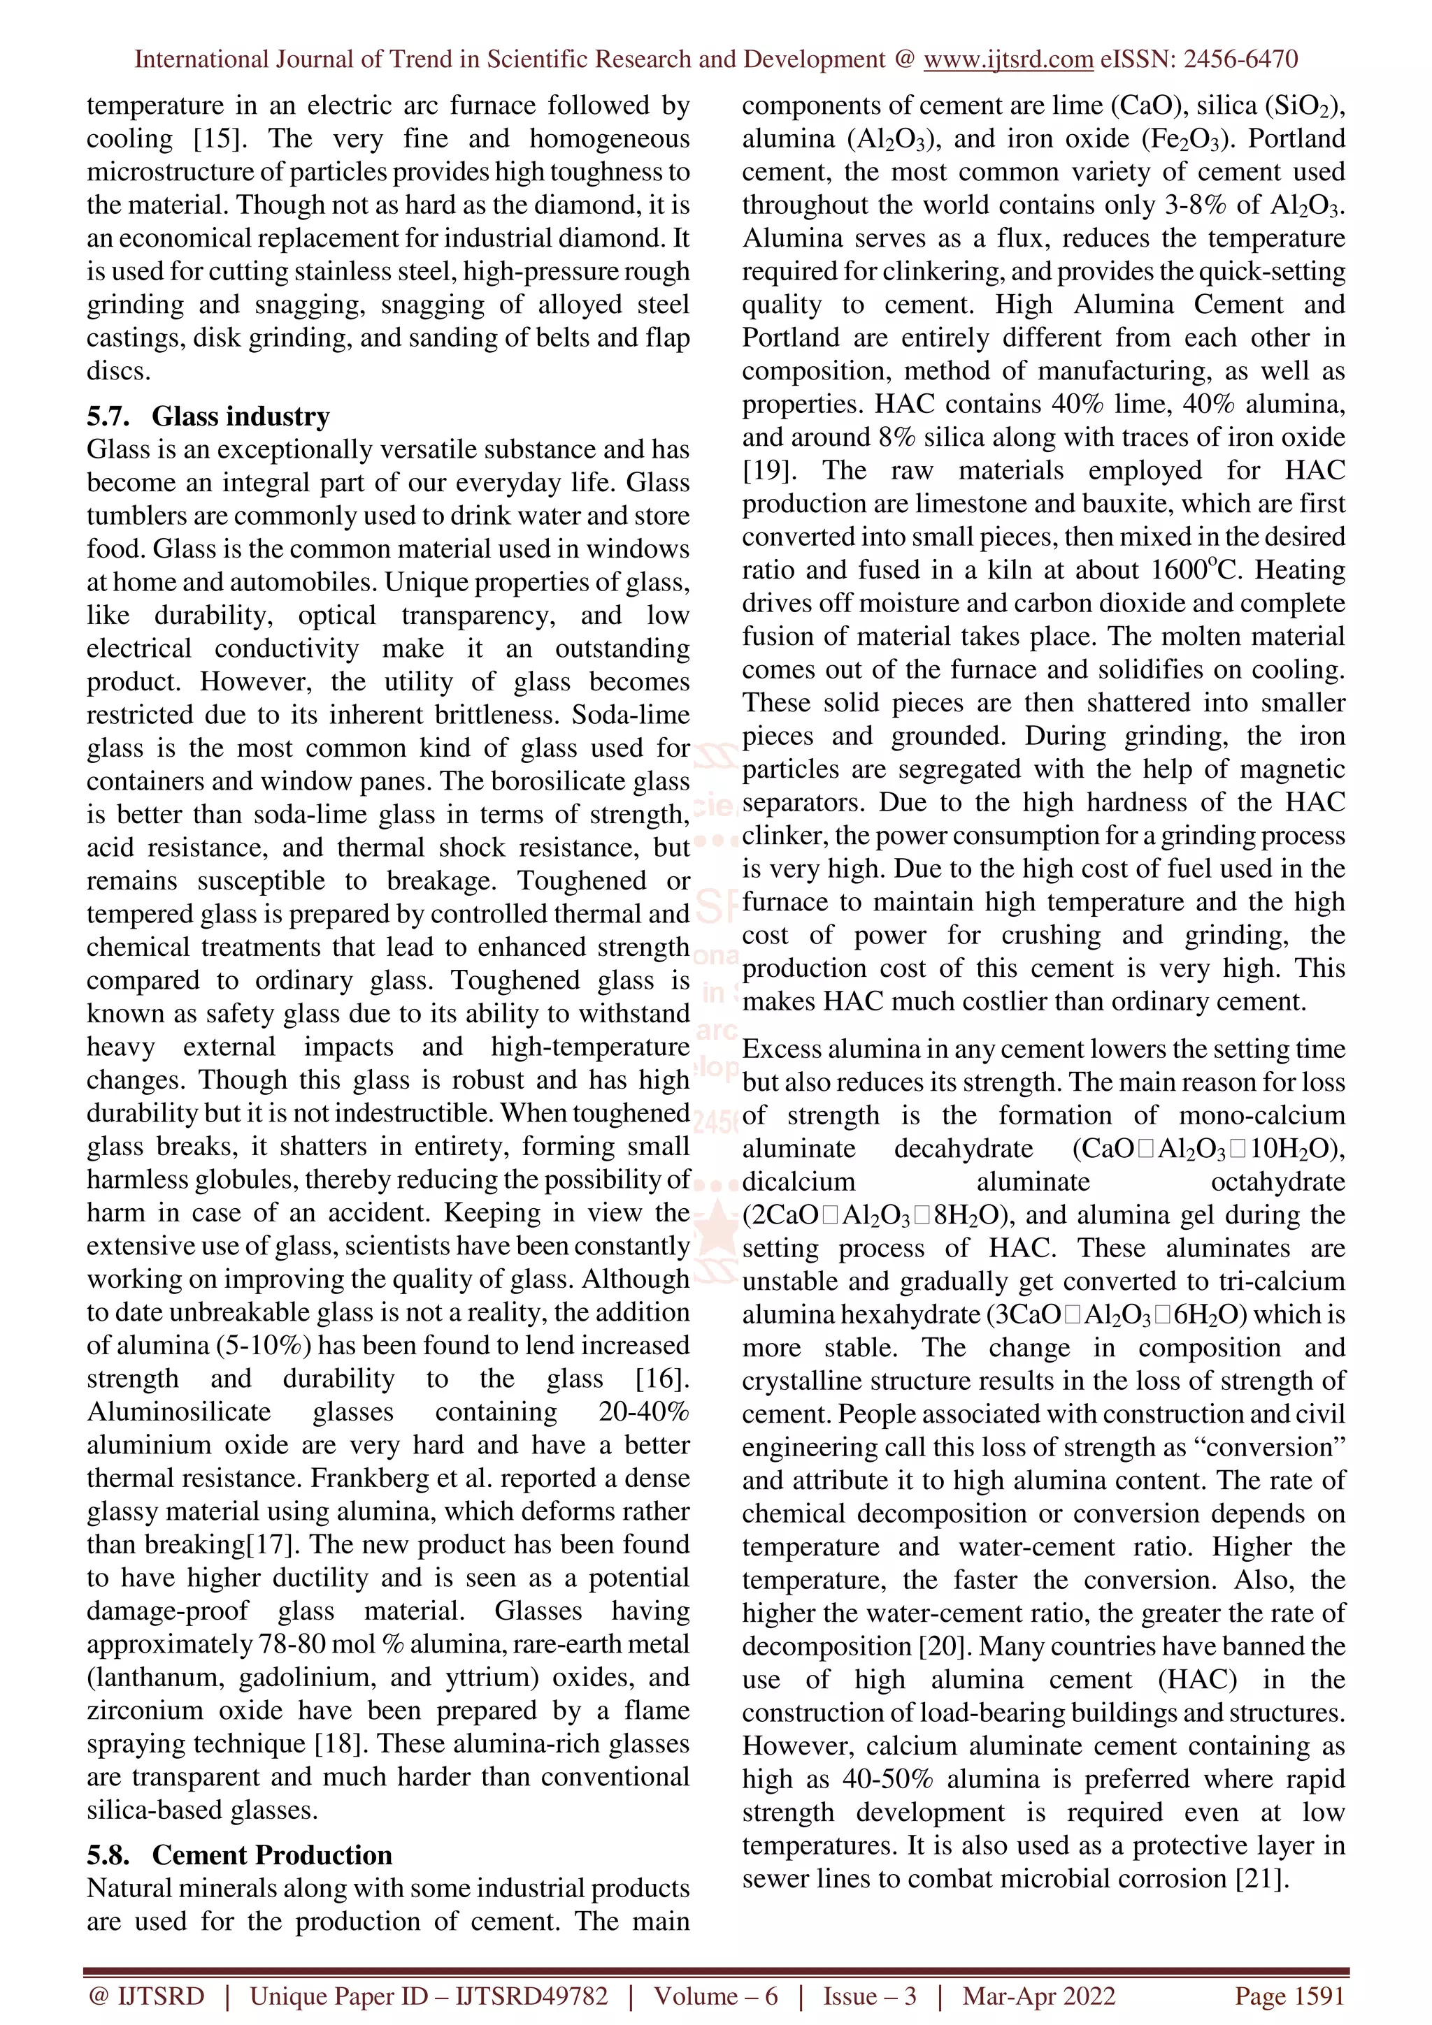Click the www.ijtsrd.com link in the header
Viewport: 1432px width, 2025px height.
(1008, 59)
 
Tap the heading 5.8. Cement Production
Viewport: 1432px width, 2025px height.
(239, 1855)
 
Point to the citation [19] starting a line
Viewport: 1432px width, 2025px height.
(766, 470)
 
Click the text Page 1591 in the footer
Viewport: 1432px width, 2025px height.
(1289, 1996)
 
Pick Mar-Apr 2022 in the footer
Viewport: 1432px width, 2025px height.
(1038, 1996)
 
